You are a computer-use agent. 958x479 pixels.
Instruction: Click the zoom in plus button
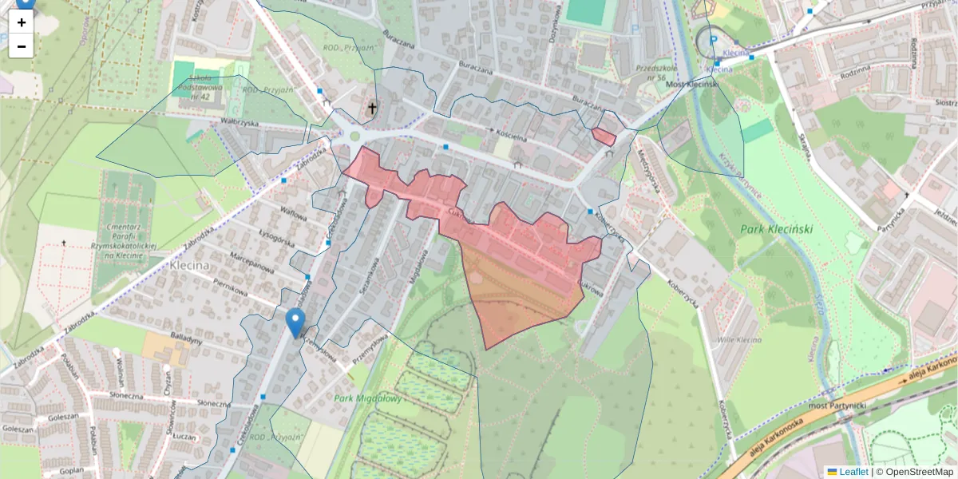click(22, 22)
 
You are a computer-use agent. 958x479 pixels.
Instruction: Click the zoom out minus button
click(22, 46)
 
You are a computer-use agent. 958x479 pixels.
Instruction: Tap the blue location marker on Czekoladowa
click(295, 323)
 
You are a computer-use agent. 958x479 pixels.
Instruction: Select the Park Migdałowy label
click(368, 398)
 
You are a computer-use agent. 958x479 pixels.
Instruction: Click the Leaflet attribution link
click(853, 472)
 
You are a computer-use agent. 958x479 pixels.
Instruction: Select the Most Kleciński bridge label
click(694, 84)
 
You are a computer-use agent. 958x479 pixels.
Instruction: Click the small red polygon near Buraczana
click(604, 137)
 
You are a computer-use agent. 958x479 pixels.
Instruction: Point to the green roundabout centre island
click(354, 137)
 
